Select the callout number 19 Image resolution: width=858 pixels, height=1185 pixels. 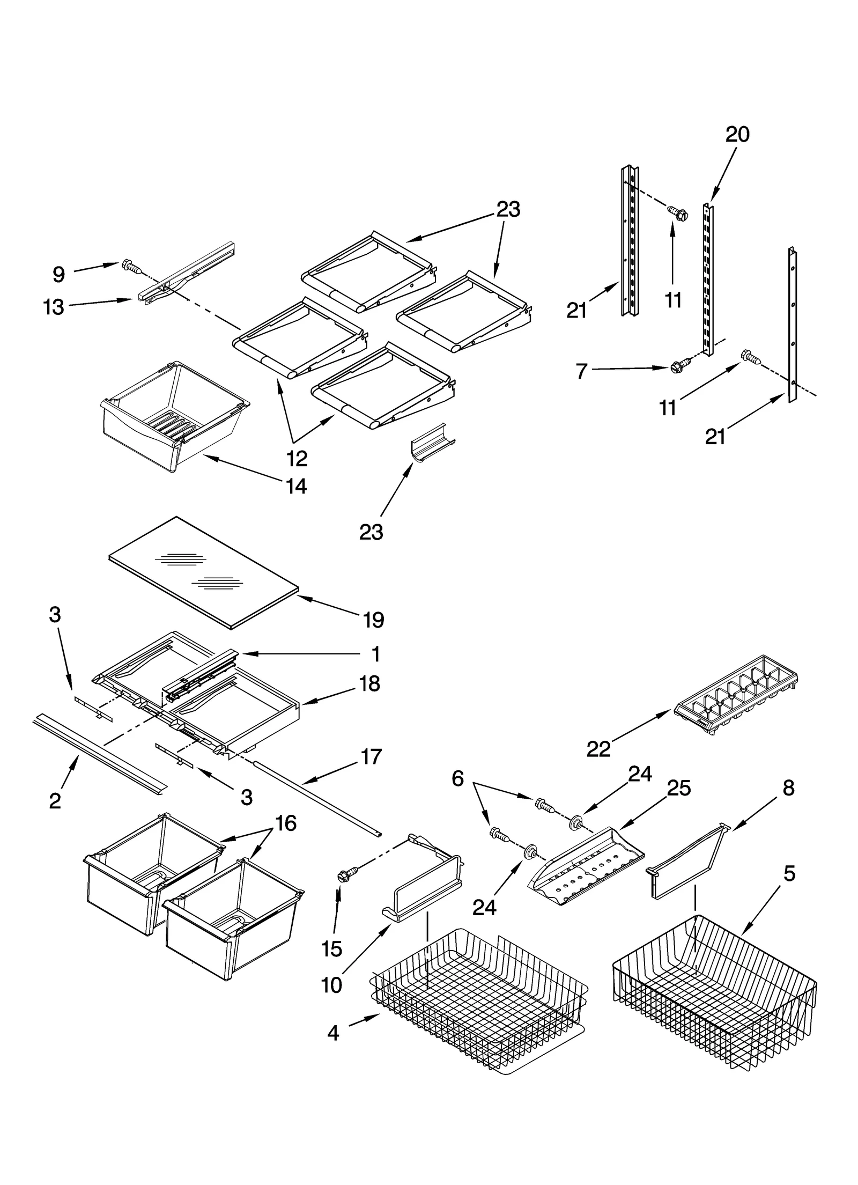point(373,620)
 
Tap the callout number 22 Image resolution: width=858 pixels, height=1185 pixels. point(598,749)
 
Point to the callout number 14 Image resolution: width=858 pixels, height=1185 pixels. point(296,486)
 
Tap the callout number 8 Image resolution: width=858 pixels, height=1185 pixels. point(788,788)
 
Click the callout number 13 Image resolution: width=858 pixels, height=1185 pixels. point(54,307)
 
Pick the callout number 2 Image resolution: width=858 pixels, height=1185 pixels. point(55,801)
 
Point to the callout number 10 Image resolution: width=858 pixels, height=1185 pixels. point(332,985)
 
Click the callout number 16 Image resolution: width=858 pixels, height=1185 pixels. point(286,822)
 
